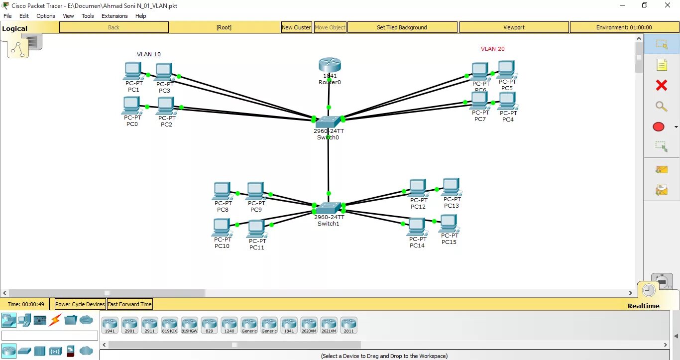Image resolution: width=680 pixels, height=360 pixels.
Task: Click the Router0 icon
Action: [330, 65]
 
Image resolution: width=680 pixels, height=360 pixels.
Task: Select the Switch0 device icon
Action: [328, 122]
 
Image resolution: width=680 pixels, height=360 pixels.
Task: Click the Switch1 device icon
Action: [328, 208]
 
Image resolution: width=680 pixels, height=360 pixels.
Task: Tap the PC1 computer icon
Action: [132, 71]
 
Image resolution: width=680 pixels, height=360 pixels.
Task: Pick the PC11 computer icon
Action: [256, 229]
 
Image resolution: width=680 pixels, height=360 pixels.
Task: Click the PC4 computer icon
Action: [507, 101]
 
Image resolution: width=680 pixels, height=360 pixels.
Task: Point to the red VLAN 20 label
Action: [492, 49]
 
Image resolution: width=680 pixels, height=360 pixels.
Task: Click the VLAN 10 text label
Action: [149, 54]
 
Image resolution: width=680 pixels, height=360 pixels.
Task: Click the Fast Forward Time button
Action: [129, 304]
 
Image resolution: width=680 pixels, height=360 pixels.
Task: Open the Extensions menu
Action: [114, 16]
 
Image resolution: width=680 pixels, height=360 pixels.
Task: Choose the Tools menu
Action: [88, 16]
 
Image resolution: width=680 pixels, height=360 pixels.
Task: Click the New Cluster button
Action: [296, 27]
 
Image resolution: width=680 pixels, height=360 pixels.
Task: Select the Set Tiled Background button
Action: [402, 27]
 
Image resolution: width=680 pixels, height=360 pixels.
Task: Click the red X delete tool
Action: [661, 86]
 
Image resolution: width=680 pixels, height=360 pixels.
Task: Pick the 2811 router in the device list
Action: [348, 325]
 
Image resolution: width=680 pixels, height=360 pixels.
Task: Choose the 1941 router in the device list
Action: [110, 325]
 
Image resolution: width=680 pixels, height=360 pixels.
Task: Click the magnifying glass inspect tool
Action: [661, 106]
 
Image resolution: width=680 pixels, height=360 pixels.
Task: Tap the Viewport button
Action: [514, 27]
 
